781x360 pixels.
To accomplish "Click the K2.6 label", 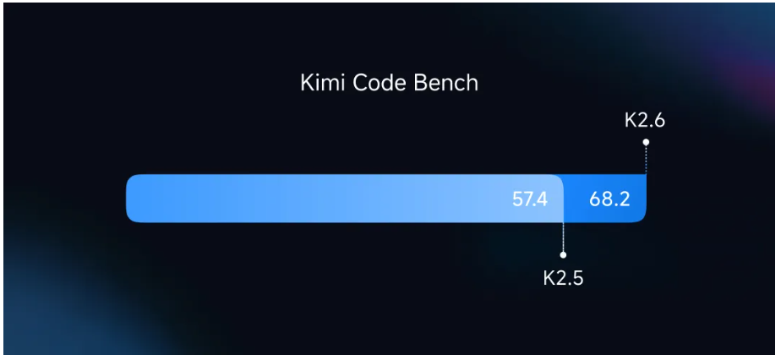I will coord(645,120).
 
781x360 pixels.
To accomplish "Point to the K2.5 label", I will coord(563,277).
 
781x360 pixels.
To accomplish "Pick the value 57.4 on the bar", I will coord(530,199).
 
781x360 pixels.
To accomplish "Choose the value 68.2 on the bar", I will coord(609,199).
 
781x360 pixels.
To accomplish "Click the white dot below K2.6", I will coord(646,142).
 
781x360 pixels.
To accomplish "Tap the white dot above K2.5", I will coord(564,254).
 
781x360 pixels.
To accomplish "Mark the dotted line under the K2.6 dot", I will coord(646,159).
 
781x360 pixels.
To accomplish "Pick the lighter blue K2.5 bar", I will coord(338,199).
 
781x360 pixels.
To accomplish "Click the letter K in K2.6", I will coord(631,120).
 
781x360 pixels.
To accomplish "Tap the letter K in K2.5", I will coord(549,277).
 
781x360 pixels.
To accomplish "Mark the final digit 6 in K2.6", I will coord(659,120).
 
